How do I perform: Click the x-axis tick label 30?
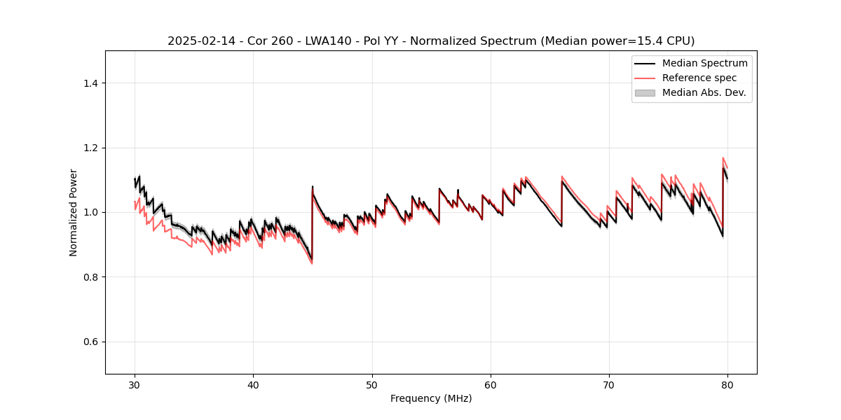point(135,384)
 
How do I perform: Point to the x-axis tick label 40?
point(253,384)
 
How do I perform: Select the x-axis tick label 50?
point(372,384)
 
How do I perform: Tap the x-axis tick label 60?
point(491,384)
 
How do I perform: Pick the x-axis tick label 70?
point(609,384)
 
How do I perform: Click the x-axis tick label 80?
point(727,384)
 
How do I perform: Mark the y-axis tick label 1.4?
point(92,83)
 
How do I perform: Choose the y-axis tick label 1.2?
point(92,148)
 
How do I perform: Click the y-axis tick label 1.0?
point(92,212)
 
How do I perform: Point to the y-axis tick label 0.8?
point(92,277)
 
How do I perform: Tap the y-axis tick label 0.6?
point(92,342)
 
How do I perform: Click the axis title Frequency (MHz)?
point(431,398)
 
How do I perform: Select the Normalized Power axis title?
point(74,212)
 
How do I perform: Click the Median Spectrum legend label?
point(704,64)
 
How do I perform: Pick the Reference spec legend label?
point(699,78)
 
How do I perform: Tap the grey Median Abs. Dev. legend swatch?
point(645,92)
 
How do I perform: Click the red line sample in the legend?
point(645,78)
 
